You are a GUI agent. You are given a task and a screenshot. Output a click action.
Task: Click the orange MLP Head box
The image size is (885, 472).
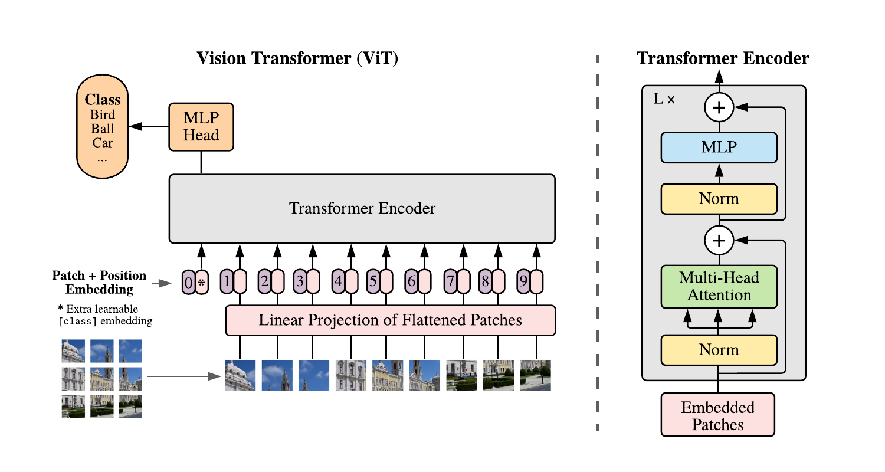tap(201, 127)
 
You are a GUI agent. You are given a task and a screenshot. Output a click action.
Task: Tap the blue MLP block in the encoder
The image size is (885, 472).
tap(719, 147)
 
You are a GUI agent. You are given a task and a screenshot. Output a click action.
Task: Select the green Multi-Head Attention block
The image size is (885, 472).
tap(719, 286)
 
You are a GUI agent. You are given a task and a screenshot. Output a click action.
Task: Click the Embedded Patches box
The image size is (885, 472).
tap(718, 414)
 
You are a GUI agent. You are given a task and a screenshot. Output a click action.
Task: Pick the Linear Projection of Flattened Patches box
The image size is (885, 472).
tap(391, 320)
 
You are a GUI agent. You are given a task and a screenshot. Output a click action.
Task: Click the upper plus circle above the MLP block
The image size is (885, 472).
tap(719, 107)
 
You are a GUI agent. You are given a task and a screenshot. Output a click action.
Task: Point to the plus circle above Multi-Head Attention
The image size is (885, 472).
tap(719, 241)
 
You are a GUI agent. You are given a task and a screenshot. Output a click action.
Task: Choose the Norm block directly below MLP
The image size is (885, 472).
tap(719, 199)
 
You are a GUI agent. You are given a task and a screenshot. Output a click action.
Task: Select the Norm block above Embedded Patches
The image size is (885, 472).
tap(719, 350)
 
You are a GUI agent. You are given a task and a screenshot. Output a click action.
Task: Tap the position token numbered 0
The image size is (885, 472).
tap(188, 282)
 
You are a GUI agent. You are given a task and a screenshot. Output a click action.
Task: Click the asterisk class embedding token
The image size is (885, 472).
tap(202, 282)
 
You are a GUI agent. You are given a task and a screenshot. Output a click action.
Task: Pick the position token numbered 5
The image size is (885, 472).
tap(373, 281)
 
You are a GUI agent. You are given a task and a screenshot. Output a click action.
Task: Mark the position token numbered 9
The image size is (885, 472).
tap(523, 281)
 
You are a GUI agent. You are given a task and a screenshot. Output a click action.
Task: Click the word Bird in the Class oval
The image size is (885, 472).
tap(103, 114)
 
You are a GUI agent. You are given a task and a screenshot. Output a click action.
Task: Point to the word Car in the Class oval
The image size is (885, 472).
tap(102, 143)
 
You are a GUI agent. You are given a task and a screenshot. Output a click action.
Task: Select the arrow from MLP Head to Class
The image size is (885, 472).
tap(149, 126)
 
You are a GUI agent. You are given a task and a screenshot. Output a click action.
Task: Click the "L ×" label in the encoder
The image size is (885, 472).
tap(664, 99)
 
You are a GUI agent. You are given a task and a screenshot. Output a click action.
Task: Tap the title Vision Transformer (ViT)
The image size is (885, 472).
tap(297, 58)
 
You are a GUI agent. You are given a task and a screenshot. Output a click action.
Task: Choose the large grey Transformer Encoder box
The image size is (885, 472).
tap(362, 208)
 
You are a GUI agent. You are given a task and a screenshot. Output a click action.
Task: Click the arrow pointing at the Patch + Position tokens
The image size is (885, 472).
tap(162, 283)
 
